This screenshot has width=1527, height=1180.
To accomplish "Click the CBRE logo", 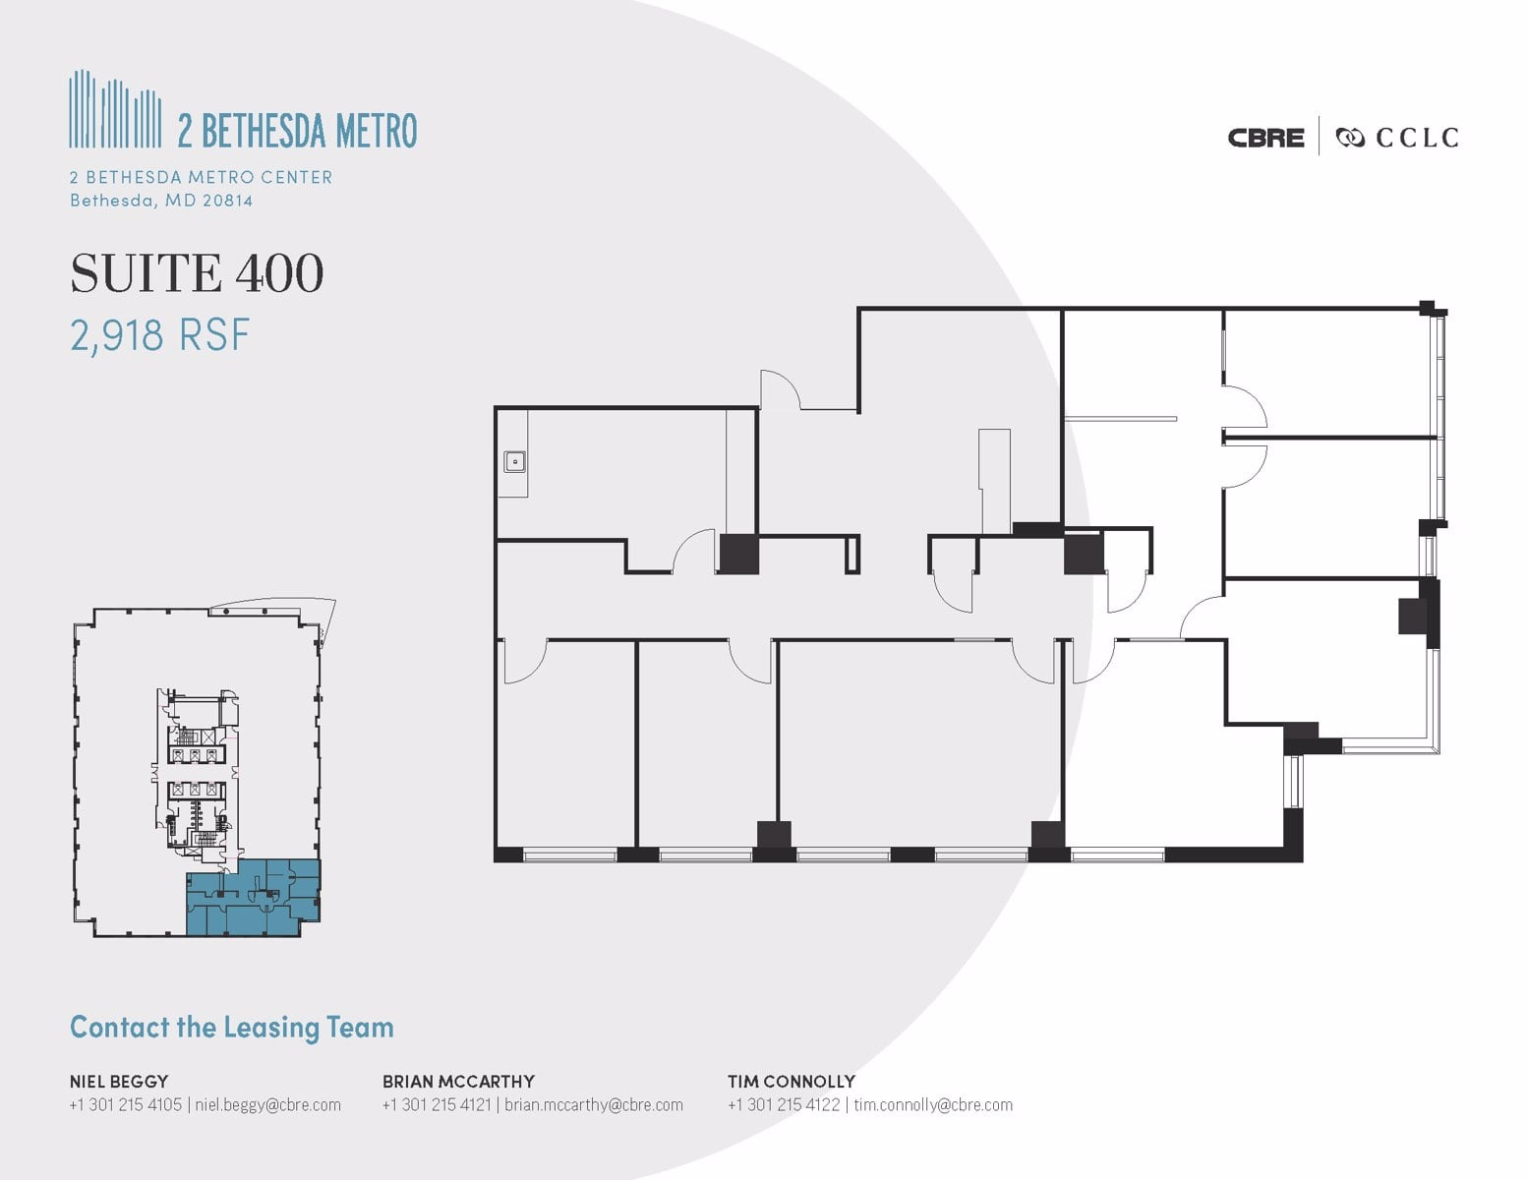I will pyautogui.click(x=1265, y=138).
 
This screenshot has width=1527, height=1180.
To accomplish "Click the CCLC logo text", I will pyautogui.click(x=1416, y=138).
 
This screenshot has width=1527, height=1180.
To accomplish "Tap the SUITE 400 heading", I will pyautogui.click(x=197, y=273).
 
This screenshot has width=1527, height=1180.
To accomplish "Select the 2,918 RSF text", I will pyautogui.click(x=160, y=335).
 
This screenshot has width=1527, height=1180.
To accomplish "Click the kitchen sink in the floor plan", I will pyautogui.click(x=514, y=460).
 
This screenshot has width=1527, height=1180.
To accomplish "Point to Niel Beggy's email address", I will pyautogui.click(x=268, y=1105).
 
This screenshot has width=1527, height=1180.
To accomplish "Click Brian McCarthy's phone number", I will pyautogui.click(x=437, y=1105).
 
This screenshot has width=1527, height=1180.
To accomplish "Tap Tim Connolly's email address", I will pyautogui.click(x=933, y=1105).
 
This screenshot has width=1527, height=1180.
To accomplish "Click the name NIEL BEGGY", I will pyautogui.click(x=118, y=1082).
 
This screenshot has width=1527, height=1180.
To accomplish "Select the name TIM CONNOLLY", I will pyautogui.click(x=792, y=1082).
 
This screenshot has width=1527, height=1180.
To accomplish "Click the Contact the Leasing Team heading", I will pyautogui.click(x=232, y=1028).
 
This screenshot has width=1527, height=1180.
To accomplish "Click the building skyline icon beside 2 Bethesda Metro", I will pyautogui.click(x=115, y=109).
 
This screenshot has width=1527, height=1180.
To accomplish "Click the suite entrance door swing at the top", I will pyautogui.click(x=780, y=389).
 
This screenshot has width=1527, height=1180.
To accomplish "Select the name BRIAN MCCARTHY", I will pyautogui.click(x=458, y=1082).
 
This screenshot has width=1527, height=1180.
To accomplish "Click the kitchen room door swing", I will pyautogui.click(x=695, y=551).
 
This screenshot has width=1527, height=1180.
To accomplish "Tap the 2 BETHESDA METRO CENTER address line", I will pyautogui.click(x=202, y=177).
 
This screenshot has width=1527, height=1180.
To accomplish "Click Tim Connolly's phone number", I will pyautogui.click(x=784, y=1105).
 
